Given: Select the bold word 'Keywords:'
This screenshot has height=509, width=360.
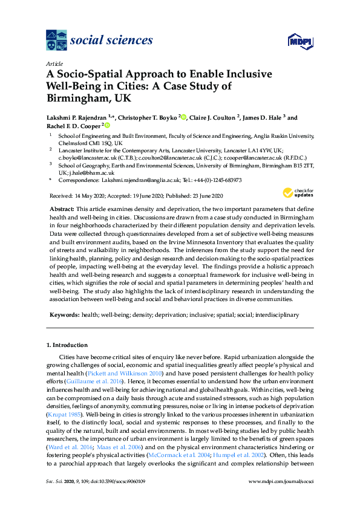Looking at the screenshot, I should coord(64,315).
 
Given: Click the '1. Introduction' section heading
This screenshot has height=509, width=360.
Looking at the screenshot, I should coord(67,345).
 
